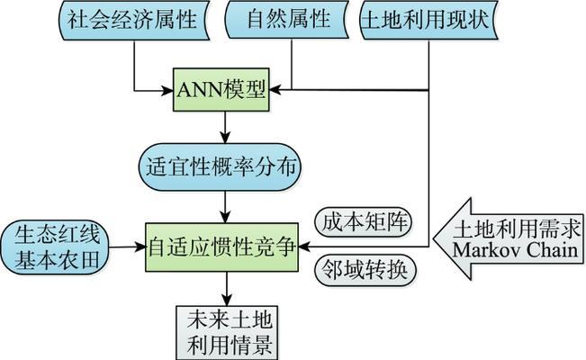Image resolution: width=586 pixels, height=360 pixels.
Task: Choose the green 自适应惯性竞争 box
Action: point(221,244)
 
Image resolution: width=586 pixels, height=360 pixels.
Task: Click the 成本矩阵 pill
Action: point(352,221)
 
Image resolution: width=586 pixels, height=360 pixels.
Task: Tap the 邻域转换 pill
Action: point(352,269)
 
